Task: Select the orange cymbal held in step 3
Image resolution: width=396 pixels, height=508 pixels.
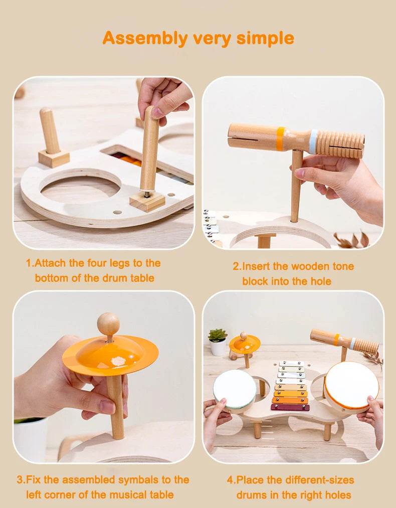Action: pyautogui.click(x=110, y=355)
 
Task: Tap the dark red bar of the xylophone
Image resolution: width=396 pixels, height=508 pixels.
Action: pyautogui.click(x=290, y=407)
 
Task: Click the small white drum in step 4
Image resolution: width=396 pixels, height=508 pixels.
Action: pyautogui.click(x=235, y=388)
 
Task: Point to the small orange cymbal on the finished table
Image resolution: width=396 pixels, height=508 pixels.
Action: pyautogui.click(x=245, y=344)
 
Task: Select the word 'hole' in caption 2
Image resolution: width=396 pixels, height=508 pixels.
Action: pyautogui.click(x=319, y=281)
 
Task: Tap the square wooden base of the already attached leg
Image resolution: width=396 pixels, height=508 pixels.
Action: pyautogui.click(x=54, y=158)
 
